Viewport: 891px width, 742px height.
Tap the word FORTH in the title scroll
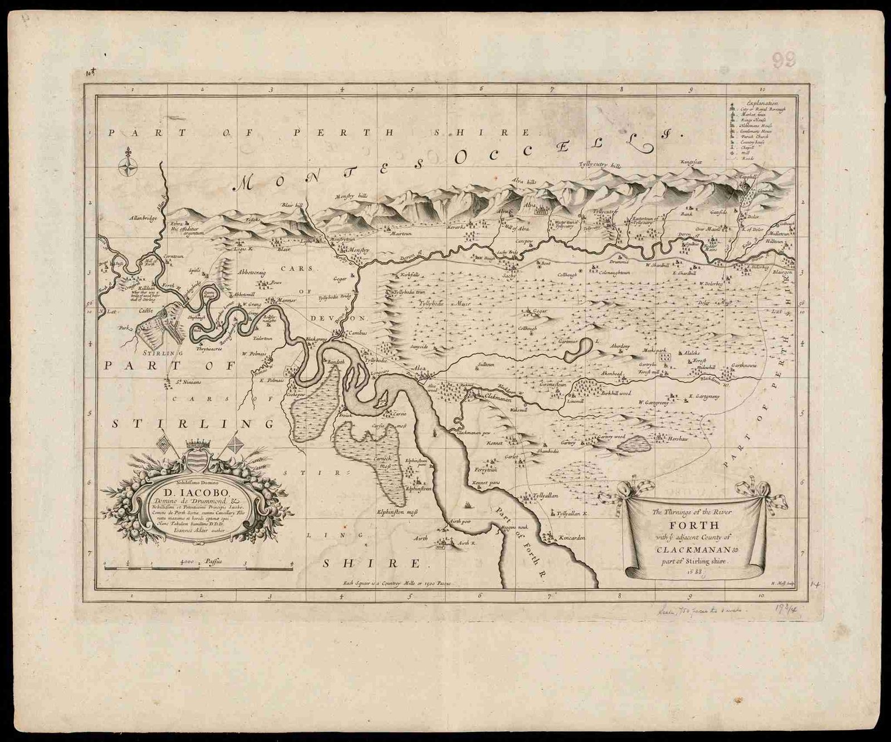(x=694, y=525)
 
